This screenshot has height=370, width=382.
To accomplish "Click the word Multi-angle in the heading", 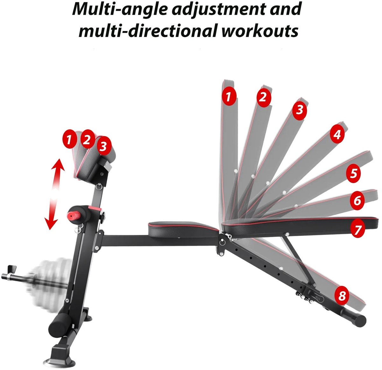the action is (x=120, y=10).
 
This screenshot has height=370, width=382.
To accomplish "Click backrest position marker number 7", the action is (x=357, y=229).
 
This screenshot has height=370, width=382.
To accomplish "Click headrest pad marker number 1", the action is (x=69, y=140).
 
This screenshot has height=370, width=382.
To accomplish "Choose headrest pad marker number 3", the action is (x=104, y=146).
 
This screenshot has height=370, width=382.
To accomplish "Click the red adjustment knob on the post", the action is (x=74, y=215).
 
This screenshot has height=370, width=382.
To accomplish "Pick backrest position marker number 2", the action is (x=264, y=97).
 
